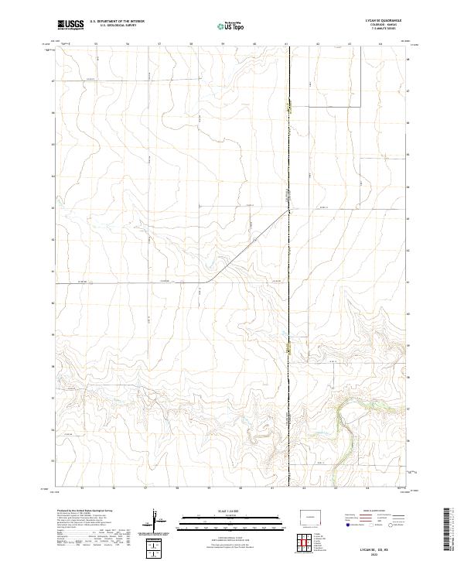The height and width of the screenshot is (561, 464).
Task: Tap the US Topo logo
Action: click(x=231, y=26)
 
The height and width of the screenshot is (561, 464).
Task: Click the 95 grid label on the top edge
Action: click(x=95, y=44)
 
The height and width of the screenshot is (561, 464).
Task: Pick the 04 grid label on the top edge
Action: click(x=380, y=44)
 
